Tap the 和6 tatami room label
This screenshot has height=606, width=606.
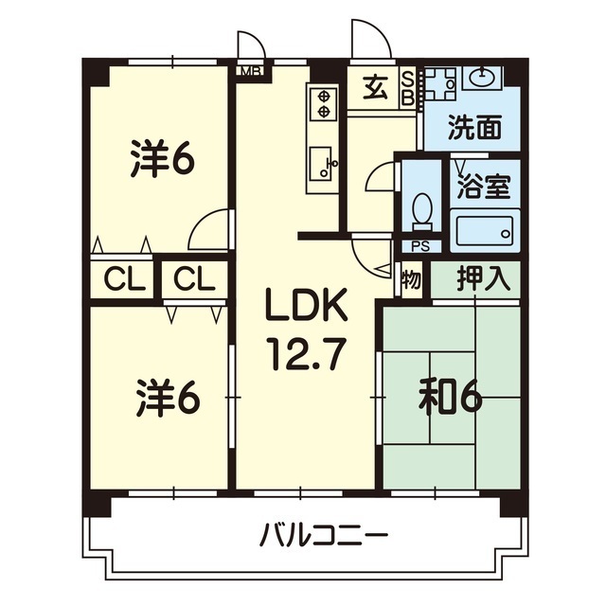pyautogui.click(x=451, y=398)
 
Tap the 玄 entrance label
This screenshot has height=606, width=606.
pyautogui.click(x=373, y=91)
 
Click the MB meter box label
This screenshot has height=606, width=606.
pyautogui.click(x=249, y=70)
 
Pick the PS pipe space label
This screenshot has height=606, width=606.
pyautogui.click(x=420, y=246)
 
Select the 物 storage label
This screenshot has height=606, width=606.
pyautogui.click(x=411, y=279)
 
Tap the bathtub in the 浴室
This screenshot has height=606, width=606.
pyautogui.click(x=484, y=230)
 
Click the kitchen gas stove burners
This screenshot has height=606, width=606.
pyautogui.click(x=323, y=103)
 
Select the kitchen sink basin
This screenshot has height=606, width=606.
pyautogui.click(x=320, y=163)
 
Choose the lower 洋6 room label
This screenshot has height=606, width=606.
pyautogui.click(x=165, y=398)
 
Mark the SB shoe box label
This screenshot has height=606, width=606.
pyautogui.click(x=407, y=86)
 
